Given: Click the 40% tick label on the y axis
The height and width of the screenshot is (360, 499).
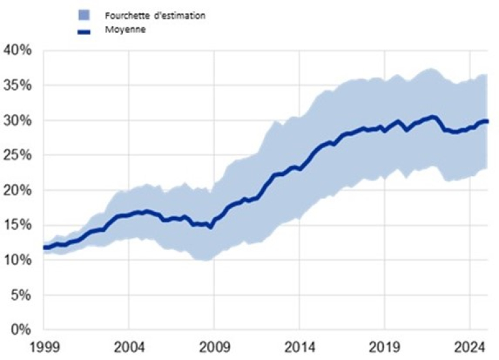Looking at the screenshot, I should pos(18,51).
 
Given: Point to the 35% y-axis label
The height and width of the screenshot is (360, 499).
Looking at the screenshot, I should pos(18,86).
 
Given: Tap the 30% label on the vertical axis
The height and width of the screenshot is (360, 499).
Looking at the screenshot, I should pos(18,121).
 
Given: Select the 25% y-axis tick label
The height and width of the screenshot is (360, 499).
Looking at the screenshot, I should pos(18,155).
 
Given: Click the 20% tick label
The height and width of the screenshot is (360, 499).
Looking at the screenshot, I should pos(18,190).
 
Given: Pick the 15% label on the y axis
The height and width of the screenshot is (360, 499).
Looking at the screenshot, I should pos(18,225).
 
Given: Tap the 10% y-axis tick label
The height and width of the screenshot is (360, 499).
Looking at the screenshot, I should pos(18,261).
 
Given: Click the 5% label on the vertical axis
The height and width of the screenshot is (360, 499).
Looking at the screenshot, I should pos(21,295).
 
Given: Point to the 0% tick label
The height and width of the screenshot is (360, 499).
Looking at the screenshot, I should pos(21,330).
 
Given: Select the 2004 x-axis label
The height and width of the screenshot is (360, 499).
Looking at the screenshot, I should pos(129,344).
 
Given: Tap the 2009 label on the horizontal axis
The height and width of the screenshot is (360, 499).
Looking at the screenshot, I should pos(214,344).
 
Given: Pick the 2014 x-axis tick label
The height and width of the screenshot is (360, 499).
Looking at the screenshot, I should pos(299,344).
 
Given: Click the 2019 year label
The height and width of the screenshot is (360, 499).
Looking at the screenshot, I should pos(384,344).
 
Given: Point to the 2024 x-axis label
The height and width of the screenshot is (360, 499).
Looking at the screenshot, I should pos(469,344).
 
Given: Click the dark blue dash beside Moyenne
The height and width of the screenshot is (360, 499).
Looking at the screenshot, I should pos(83,31).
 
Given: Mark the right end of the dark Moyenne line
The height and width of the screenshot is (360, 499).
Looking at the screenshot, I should pos(488,122).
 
